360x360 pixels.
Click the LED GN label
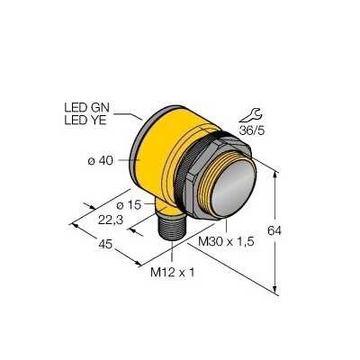(87, 107)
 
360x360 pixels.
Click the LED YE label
(85, 121)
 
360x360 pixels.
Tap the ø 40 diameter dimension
(101, 161)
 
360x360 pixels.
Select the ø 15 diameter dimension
(129, 205)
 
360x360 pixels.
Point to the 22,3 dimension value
(111, 220)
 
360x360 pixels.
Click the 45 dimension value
(105, 245)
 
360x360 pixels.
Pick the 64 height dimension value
(274, 230)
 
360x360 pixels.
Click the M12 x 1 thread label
(173, 273)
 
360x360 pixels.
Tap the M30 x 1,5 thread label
(226, 241)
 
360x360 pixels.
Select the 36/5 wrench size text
(252, 130)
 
